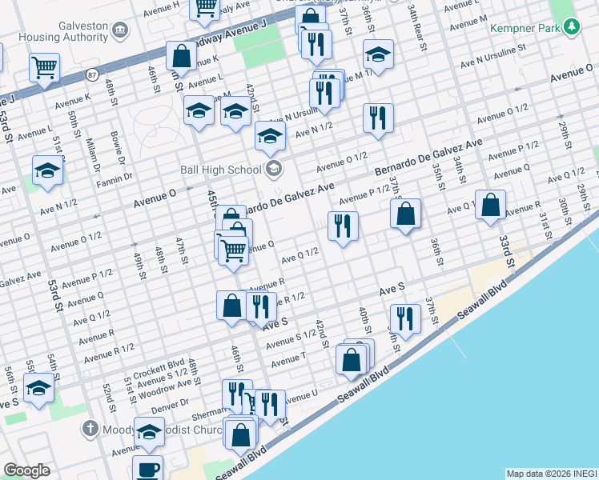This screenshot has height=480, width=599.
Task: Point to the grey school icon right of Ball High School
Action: (274, 168)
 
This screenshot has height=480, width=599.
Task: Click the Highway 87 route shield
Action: (93, 74)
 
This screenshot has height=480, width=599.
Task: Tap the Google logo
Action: (26, 470)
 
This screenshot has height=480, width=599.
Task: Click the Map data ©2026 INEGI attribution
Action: (552, 473)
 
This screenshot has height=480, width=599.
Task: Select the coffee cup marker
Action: (147, 469)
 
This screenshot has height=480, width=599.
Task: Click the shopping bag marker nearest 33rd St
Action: (489, 205)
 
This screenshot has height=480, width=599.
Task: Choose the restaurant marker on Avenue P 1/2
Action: (343, 226)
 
